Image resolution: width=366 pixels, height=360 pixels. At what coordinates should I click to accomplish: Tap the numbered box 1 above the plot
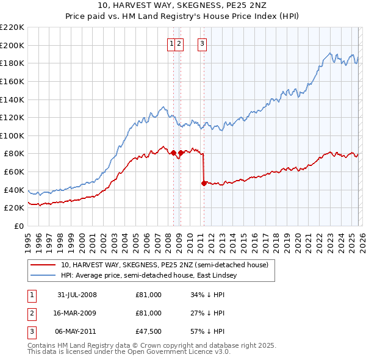point(171,43)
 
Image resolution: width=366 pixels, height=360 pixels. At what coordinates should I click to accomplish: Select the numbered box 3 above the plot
point(202,43)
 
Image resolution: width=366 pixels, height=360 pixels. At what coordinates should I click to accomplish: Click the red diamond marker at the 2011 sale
point(204,182)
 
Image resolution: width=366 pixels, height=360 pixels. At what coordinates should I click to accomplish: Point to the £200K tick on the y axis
point(12,45)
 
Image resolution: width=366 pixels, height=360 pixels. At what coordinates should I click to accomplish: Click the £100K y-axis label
point(12,135)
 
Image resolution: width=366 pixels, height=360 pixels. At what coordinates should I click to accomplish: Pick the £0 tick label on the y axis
point(20,226)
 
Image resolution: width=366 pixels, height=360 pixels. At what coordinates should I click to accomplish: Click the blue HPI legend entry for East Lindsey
point(152,276)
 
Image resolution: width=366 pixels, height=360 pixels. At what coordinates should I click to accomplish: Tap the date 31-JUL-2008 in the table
point(77,295)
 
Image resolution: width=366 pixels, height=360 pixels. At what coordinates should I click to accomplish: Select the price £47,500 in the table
point(148,331)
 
